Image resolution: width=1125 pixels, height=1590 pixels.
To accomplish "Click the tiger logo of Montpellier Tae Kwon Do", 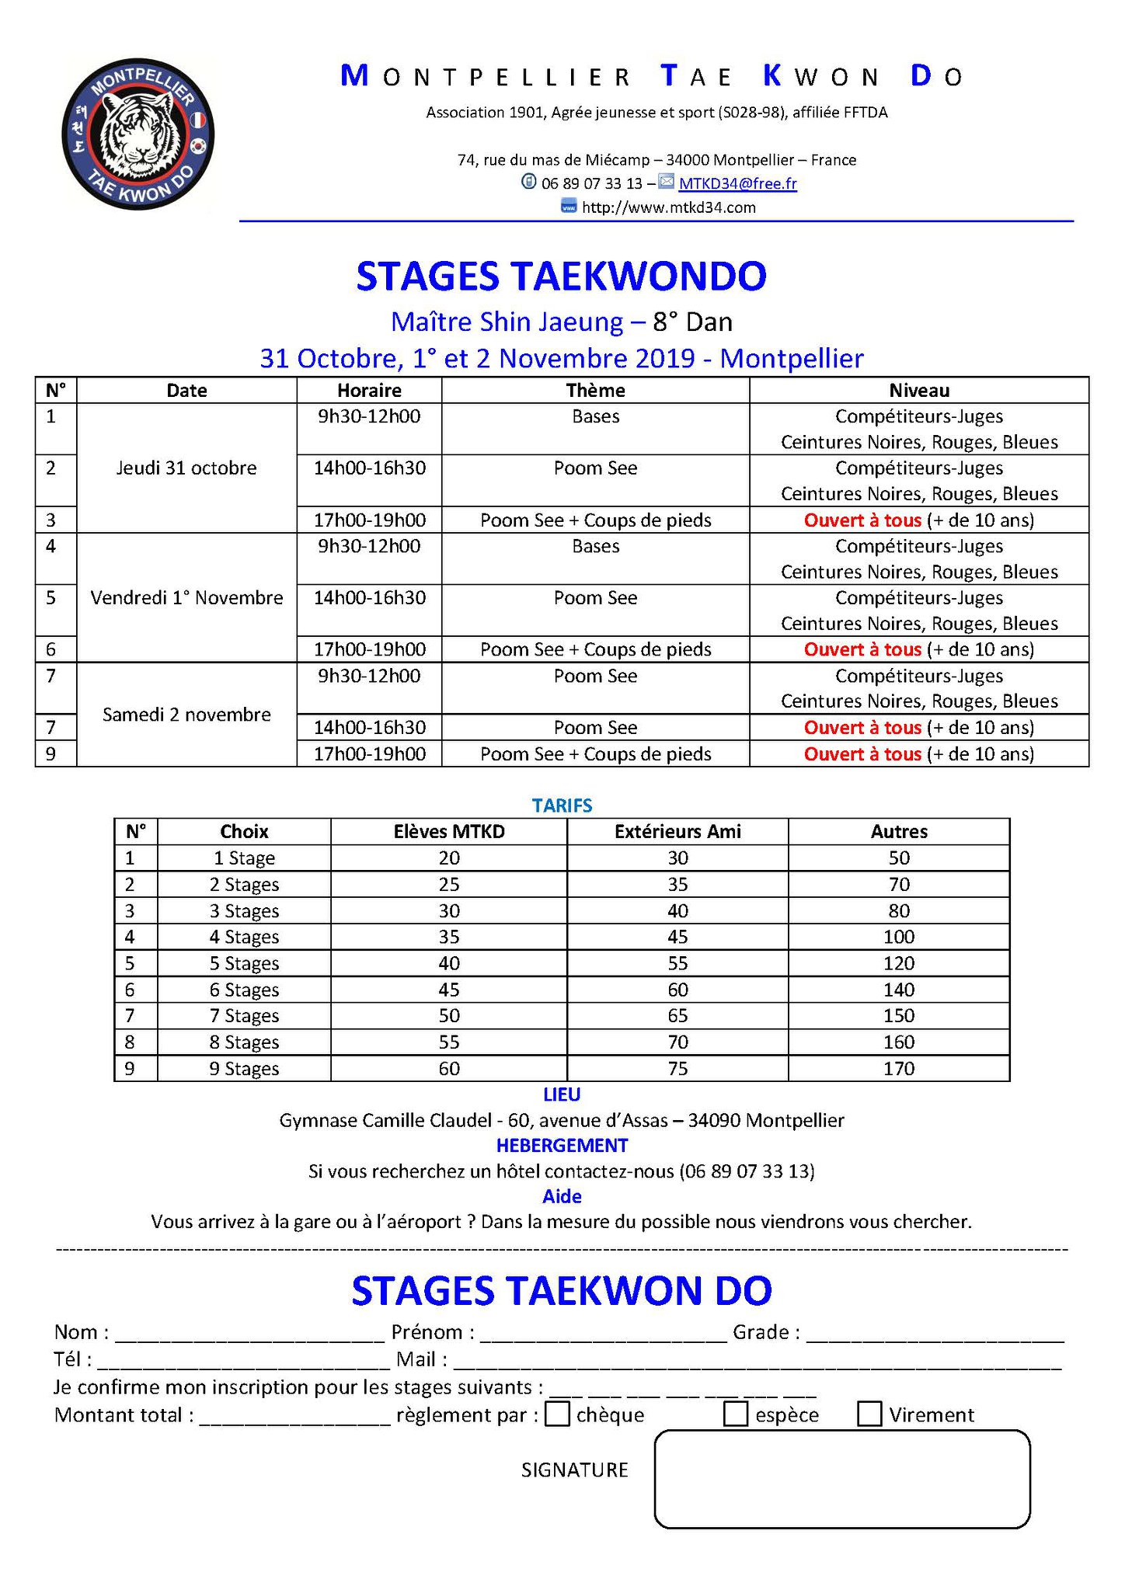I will coord(138,134).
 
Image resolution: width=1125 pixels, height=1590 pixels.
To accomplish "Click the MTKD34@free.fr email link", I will coord(737,183).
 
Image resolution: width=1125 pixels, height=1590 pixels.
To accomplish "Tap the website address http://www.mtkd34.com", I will coord(668,207).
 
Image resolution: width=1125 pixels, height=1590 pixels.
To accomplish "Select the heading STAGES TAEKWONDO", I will coord(561,277).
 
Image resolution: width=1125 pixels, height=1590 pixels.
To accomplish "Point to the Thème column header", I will coord(595,391).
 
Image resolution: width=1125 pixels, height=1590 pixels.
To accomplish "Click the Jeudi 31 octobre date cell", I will coord(186,468).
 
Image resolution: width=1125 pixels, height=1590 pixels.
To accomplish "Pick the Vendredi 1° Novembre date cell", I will coord(186,597).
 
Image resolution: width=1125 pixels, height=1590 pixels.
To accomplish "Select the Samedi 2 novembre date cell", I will coord(186,715).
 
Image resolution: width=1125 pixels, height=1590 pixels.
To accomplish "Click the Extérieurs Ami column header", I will coord(677,831).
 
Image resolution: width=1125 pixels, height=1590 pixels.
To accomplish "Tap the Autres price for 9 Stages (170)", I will coord(898,1068).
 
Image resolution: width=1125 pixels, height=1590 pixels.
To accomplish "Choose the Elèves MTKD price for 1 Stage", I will coord(449,858).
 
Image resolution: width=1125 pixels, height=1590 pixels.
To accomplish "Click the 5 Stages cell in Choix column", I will coord(244,963).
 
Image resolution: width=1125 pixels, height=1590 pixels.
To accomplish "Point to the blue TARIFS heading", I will coord(562,805).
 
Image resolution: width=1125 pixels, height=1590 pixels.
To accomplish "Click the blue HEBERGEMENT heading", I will coord(562,1145).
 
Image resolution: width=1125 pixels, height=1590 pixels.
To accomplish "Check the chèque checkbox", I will coord(557,1414).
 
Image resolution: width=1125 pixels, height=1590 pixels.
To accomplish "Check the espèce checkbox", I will coord(735,1414).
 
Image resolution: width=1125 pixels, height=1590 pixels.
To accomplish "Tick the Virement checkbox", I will coord(869,1414).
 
